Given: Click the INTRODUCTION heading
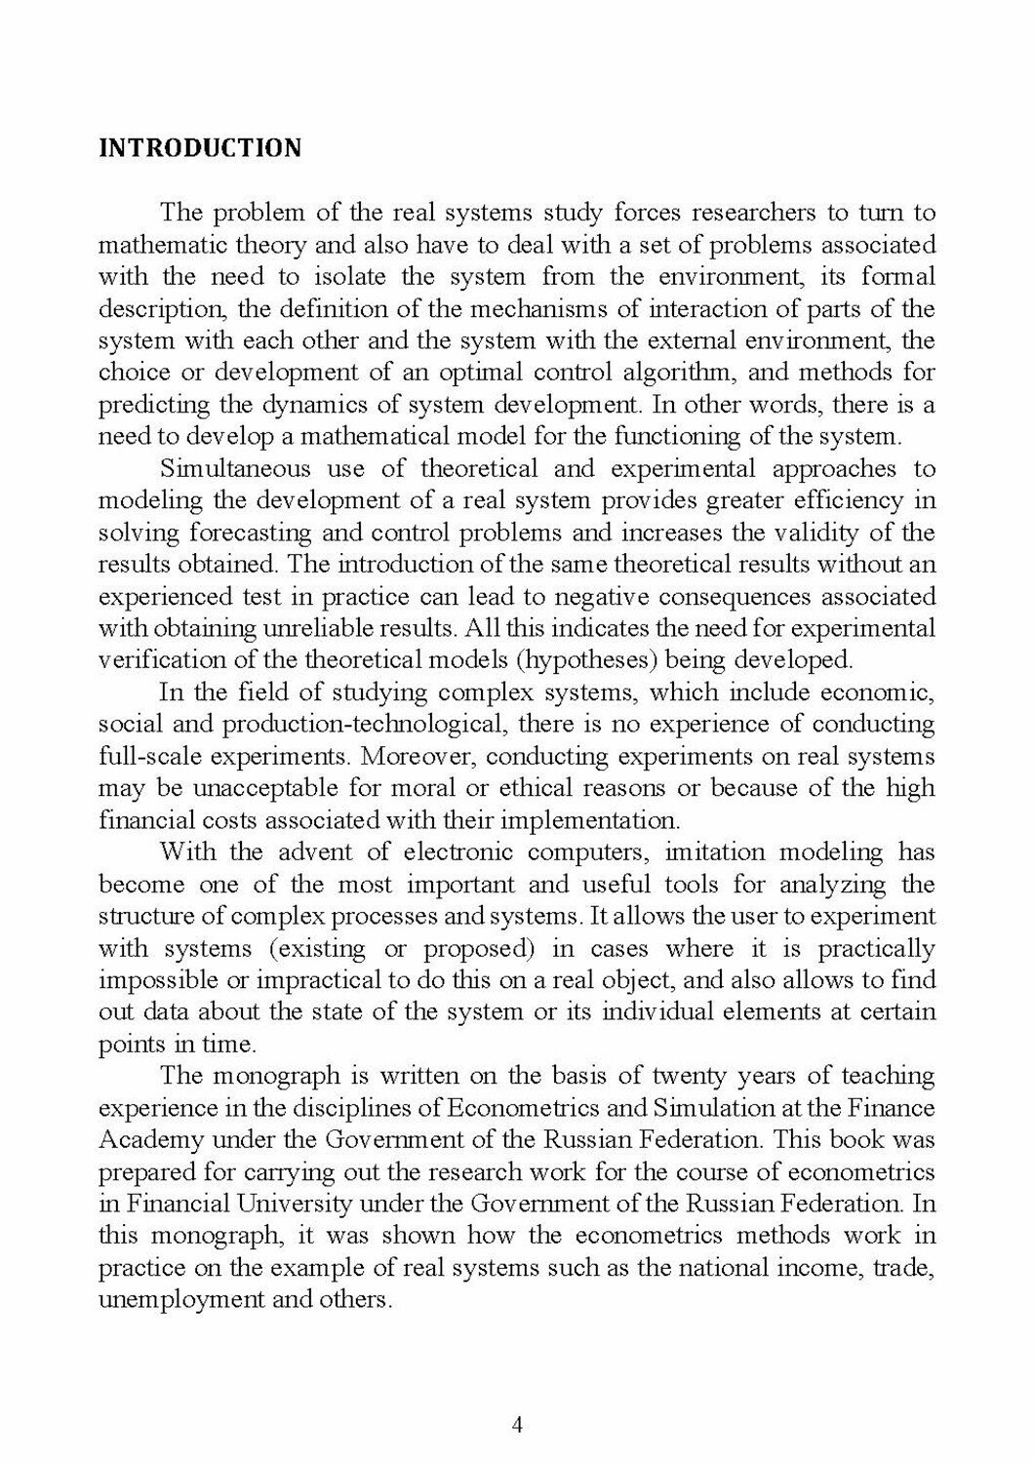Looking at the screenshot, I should click(200, 148).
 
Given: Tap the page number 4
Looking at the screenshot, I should click(517, 1425).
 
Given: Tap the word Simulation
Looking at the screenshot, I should click(712, 1108).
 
